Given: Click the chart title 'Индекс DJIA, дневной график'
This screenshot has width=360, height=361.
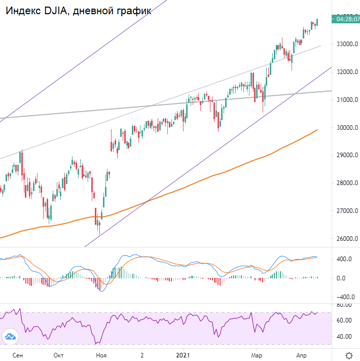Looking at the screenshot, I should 79,11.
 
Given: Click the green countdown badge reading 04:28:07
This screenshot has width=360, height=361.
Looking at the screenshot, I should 345,19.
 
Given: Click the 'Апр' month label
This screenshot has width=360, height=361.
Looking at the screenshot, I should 301,355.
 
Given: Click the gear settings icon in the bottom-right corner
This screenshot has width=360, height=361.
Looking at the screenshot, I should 349,355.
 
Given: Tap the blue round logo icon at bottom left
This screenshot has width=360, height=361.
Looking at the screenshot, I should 10,336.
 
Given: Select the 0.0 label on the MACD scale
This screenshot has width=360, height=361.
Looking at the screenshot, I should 342,278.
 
